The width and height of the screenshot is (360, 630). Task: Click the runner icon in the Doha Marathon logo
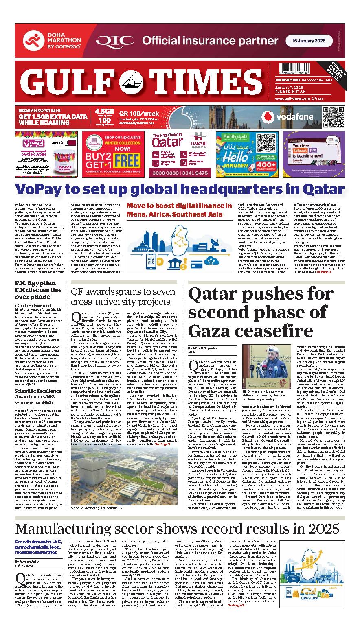[x=32, y=41]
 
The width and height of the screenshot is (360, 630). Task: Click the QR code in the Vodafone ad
[x=332, y=116]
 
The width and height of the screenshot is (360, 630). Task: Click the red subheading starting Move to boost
[x=179, y=210]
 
